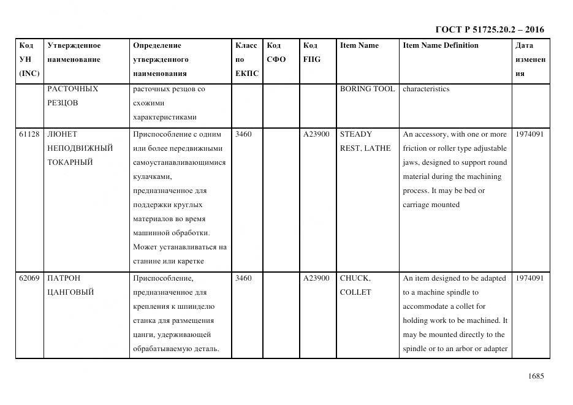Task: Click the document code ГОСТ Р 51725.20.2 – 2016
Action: click(x=489, y=29)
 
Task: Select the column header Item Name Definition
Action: click(x=441, y=45)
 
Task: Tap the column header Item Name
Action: click(x=359, y=45)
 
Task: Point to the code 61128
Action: click(x=29, y=134)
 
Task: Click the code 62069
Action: click(x=29, y=278)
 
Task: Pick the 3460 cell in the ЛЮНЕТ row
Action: click(x=243, y=134)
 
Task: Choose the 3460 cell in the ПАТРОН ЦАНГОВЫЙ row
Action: click(x=243, y=278)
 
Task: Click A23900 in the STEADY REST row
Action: click(x=316, y=134)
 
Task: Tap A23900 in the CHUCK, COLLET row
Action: click(x=316, y=278)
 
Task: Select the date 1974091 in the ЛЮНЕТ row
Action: click(x=529, y=134)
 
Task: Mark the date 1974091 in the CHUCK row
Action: click(x=529, y=278)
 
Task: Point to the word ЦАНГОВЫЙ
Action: click(x=70, y=292)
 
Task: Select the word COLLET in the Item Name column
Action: click(x=355, y=292)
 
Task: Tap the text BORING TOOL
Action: click(x=367, y=89)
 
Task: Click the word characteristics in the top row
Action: click(x=426, y=89)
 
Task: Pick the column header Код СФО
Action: click(x=276, y=53)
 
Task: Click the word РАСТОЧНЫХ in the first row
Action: click(x=72, y=89)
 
